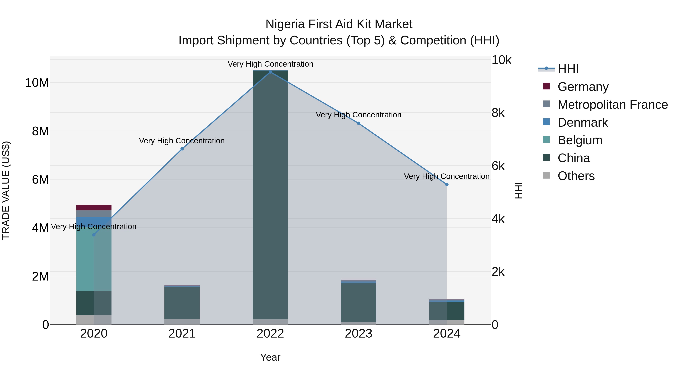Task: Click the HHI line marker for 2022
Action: [270, 72]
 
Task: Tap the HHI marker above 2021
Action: [182, 149]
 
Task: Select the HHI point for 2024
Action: [447, 185]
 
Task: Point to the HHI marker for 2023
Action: [358, 123]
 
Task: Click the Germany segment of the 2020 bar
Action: [94, 208]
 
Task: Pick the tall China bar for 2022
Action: [270, 195]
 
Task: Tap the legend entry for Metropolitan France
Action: [612, 105]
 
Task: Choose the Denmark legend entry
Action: [583, 122]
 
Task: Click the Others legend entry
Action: [576, 176]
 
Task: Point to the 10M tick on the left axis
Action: [37, 83]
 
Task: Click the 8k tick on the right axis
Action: [498, 113]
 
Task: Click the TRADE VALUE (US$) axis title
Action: [6, 190]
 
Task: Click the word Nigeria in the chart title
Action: [285, 24]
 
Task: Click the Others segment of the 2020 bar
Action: [94, 320]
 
